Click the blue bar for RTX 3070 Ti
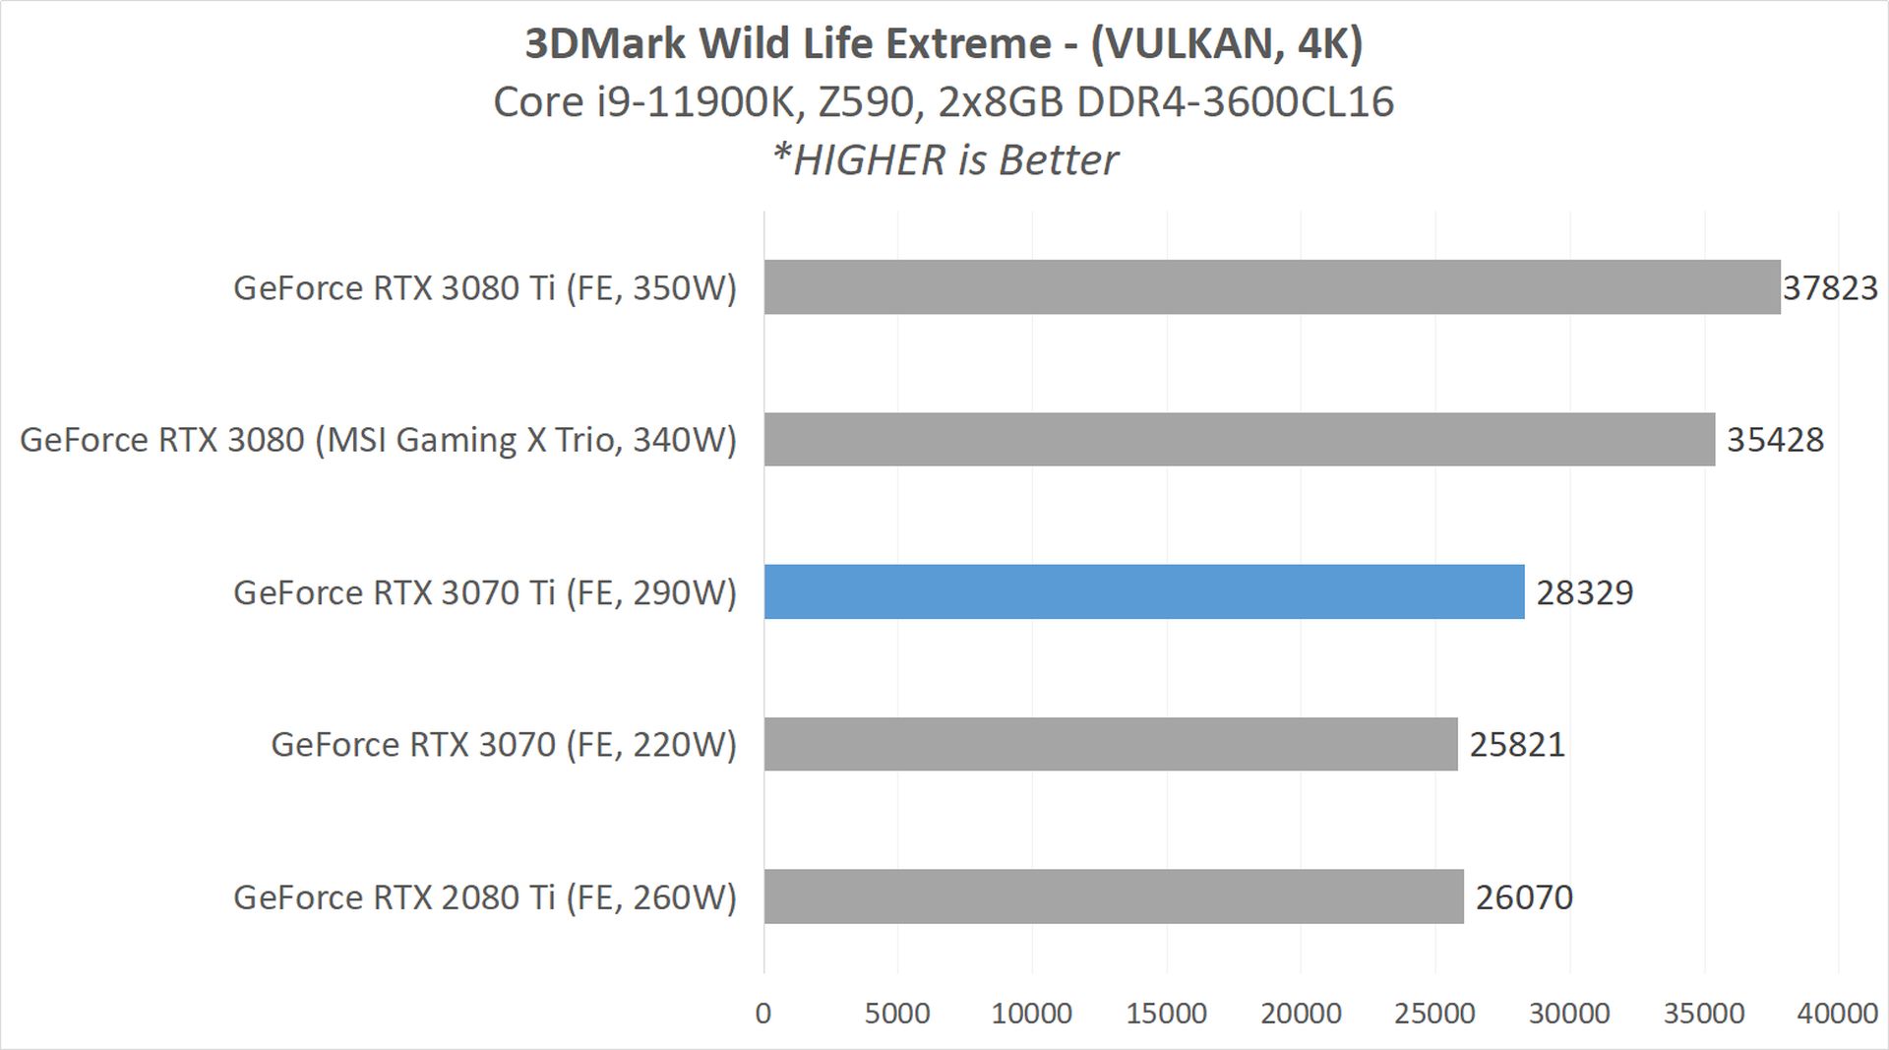1143,591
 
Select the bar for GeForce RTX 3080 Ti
1271,287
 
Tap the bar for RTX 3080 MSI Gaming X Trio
1239,439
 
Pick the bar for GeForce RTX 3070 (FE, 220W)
1110,744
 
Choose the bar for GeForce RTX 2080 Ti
1113,896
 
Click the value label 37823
1830,287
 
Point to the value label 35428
1775,439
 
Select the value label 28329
1584,592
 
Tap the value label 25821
1517,744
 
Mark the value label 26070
1524,896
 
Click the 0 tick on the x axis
763,1014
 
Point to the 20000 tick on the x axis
1301,1014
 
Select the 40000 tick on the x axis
1837,1014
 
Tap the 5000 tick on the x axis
897,1014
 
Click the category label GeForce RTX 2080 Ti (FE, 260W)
484,897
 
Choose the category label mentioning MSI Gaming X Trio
378,440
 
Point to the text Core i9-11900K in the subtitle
642,102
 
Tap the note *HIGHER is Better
944,159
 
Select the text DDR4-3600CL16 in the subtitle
1235,102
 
